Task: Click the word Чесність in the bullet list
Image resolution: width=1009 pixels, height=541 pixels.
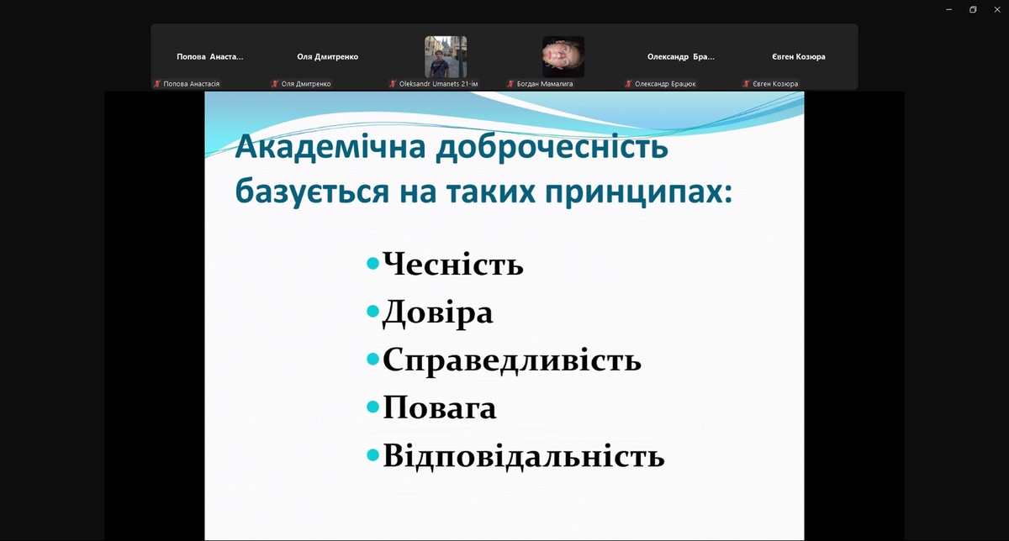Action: [453, 263]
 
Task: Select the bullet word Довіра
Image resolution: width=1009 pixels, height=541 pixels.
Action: [437, 313]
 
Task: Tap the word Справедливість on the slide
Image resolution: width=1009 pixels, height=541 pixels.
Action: [512, 360]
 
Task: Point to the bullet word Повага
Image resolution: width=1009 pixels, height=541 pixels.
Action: [439, 407]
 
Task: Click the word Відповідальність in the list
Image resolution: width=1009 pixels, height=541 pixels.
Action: [523, 456]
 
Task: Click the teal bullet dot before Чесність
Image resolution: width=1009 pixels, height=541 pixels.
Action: [373, 263]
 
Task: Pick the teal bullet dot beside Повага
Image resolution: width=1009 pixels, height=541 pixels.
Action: [373, 407]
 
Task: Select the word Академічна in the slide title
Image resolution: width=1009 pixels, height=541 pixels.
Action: [330, 147]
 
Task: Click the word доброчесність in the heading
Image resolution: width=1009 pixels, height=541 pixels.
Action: [552, 148]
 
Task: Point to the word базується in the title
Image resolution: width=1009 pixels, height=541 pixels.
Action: [312, 192]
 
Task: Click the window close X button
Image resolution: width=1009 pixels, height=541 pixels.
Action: [997, 9]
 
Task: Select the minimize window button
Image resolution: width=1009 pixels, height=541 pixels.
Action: [949, 9]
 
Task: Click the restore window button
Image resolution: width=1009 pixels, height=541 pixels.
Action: [973, 9]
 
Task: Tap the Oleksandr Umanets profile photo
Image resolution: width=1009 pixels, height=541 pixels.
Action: [446, 57]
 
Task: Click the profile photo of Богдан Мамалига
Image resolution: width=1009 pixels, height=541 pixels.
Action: [563, 57]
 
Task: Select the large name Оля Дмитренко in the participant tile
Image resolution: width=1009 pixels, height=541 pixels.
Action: [327, 57]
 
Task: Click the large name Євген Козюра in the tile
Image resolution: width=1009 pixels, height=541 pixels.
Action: [799, 57]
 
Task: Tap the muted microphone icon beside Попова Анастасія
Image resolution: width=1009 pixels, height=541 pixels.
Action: [157, 84]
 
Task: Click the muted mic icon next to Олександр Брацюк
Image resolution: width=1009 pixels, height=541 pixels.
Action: [628, 84]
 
